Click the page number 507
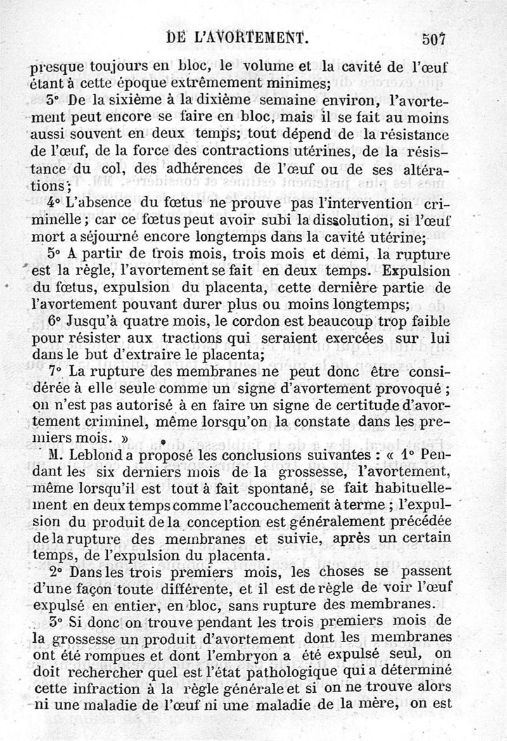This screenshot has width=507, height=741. point(435,38)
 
